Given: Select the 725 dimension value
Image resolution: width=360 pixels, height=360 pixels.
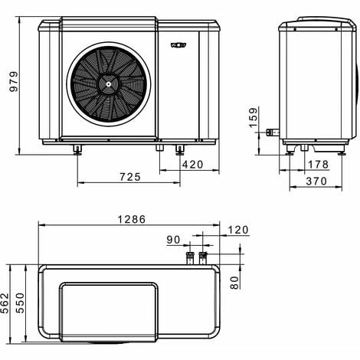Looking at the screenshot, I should point(130,177).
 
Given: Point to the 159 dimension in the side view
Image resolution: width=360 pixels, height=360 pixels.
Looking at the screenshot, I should point(254,119).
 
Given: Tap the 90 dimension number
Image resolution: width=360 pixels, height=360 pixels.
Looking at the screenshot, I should point(175,240).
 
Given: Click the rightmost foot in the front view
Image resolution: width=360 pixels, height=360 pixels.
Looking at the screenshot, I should point(180,148).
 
